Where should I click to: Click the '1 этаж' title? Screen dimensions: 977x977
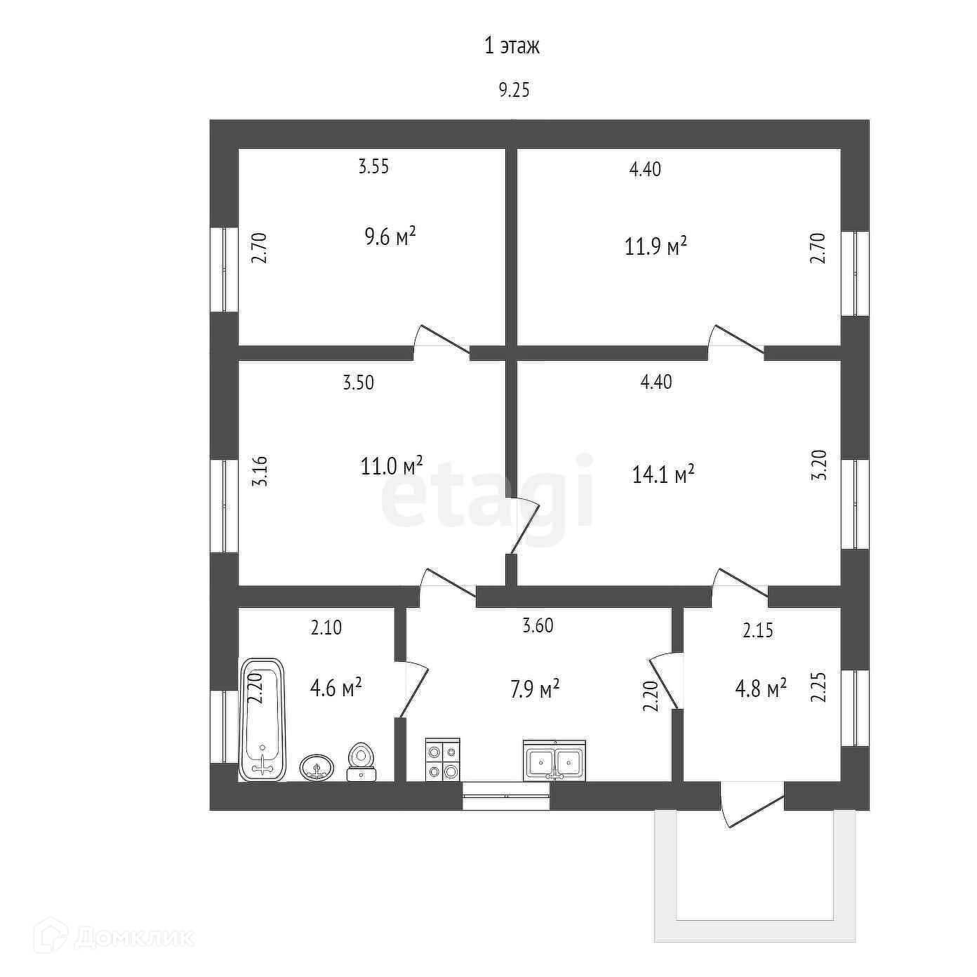click(512, 46)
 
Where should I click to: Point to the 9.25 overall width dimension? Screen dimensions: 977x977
click(514, 91)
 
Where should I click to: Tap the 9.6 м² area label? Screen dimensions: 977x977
click(390, 236)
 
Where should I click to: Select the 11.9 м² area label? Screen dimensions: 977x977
click(656, 247)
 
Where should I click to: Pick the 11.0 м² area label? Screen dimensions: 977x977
click(392, 465)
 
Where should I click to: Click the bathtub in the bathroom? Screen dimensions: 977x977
click(262, 719)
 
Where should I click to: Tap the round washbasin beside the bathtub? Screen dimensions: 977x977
click(317, 766)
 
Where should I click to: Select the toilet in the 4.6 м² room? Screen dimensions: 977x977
click(361, 762)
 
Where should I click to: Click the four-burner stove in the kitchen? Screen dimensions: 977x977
click(443, 759)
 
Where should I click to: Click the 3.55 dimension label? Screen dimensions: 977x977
click(373, 166)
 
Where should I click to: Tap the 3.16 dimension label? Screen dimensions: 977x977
click(260, 472)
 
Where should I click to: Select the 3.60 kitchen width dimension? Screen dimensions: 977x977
click(538, 625)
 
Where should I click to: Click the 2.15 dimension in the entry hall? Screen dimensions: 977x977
click(758, 630)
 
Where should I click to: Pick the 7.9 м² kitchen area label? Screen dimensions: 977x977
click(535, 689)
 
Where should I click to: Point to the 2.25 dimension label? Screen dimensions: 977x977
click(818, 686)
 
